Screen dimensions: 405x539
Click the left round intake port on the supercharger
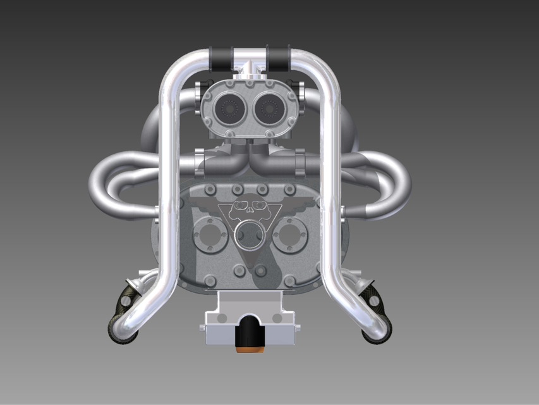[228, 111]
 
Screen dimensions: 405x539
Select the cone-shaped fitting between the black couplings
[251, 66]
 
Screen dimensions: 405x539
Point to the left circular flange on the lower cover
[209, 236]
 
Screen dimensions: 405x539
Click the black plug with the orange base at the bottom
[249, 333]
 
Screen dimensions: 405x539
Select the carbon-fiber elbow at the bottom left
[121, 316]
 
